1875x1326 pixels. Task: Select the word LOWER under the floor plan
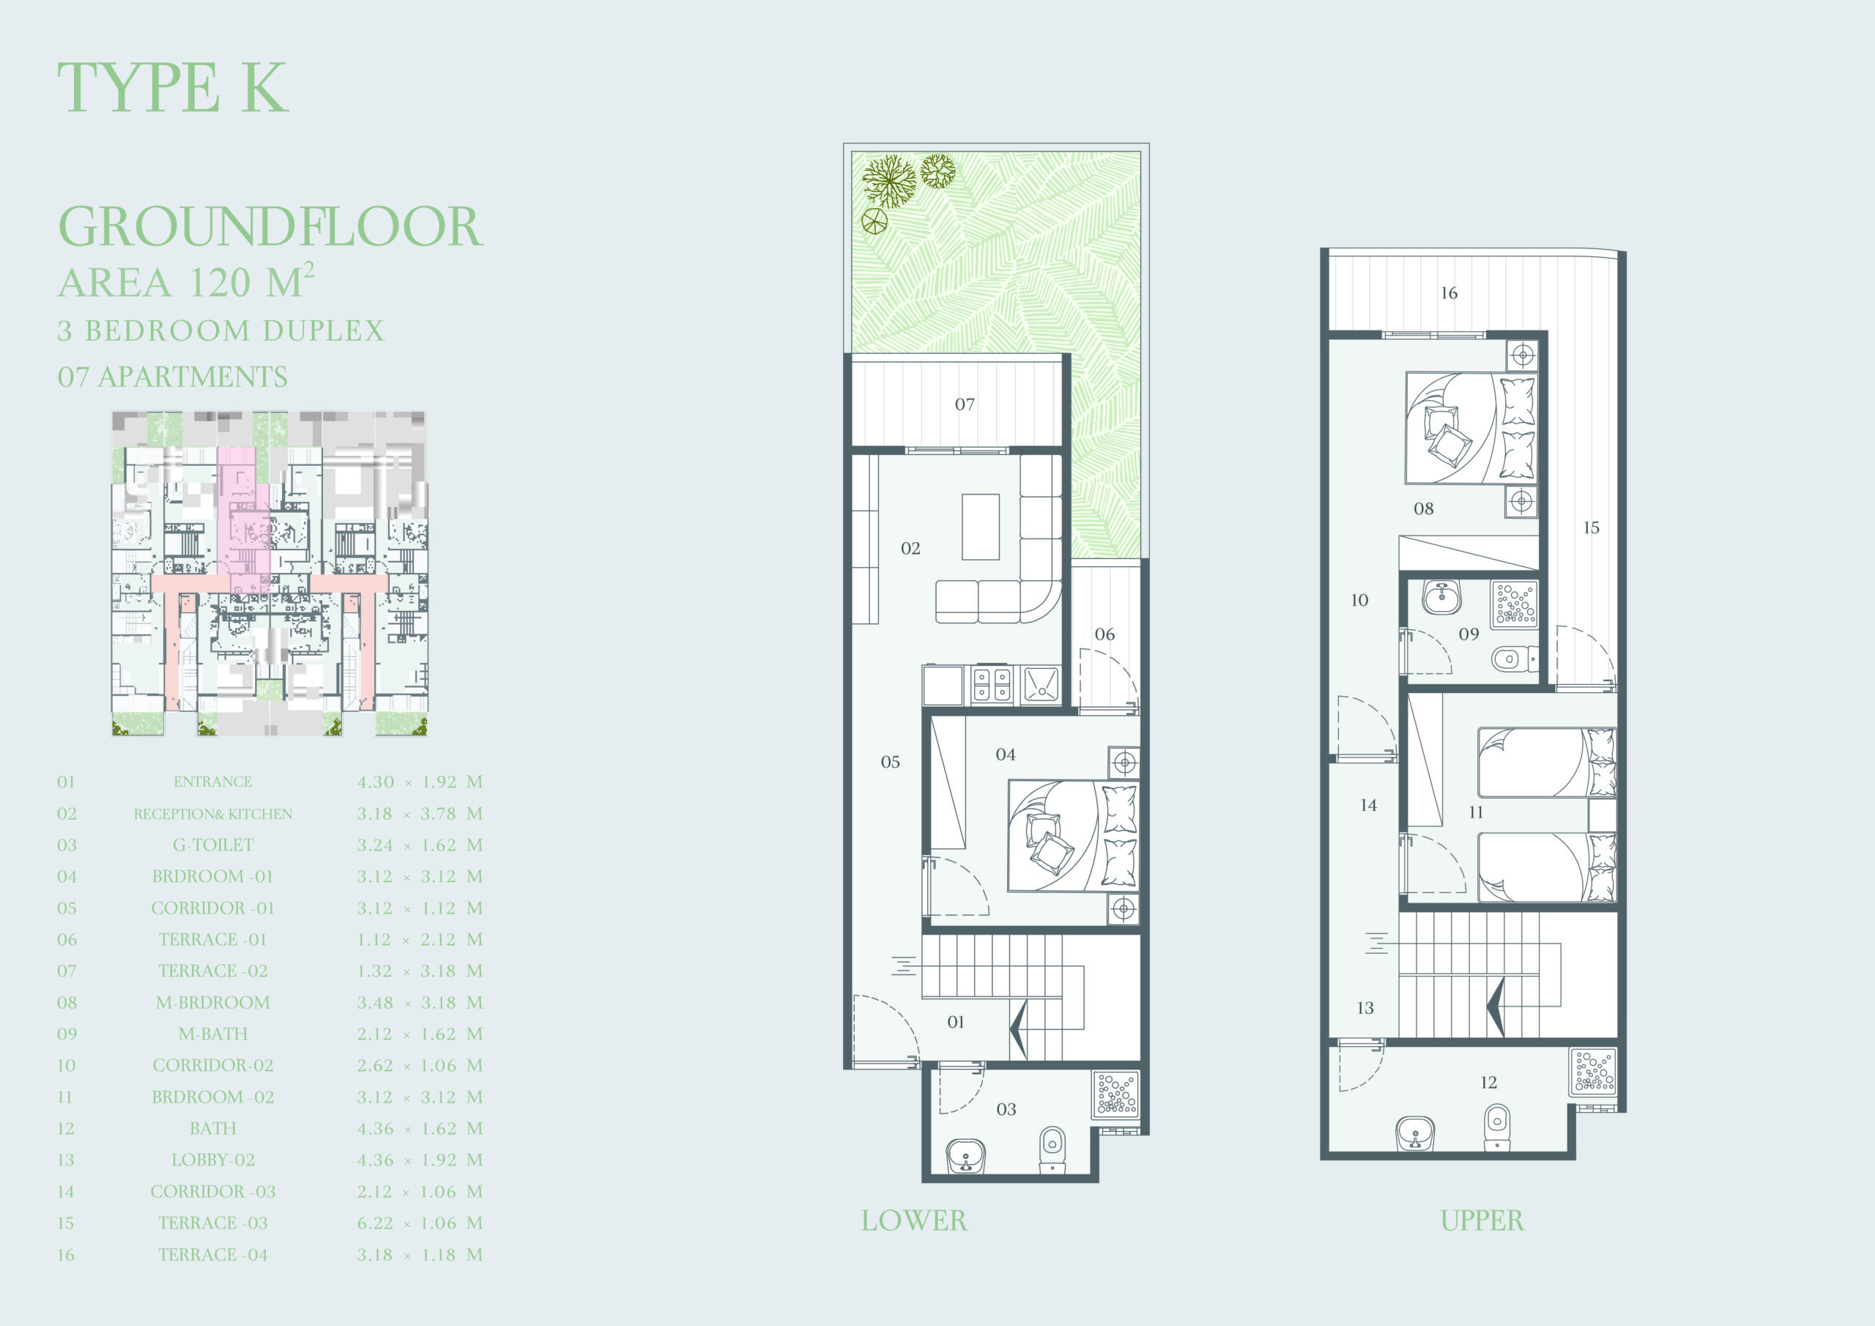pyautogui.click(x=914, y=1221)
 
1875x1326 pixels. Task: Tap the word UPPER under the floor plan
pyautogui.click(x=1482, y=1221)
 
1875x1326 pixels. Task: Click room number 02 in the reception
pyautogui.click(x=910, y=548)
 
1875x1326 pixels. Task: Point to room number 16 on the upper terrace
pyautogui.click(x=1449, y=292)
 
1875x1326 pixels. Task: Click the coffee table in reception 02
pyautogui.click(x=980, y=527)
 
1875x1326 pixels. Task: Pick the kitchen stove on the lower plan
pyautogui.click(x=992, y=685)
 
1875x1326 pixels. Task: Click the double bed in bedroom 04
pyautogui.click(x=1073, y=835)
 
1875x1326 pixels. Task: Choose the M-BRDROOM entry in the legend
pyautogui.click(x=212, y=1002)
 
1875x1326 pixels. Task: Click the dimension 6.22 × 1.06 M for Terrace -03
pyautogui.click(x=420, y=1223)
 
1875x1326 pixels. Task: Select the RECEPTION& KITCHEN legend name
pyautogui.click(x=212, y=814)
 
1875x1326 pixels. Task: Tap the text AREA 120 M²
pyautogui.click(x=186, y=281)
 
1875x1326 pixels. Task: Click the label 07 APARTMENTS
pyautogui.click(x=172, y=377)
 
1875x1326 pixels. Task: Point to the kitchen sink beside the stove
pyautogui.click(x=1040, y=685)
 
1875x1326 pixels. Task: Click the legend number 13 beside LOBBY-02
pyautogui.click(x=65, y=1160)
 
